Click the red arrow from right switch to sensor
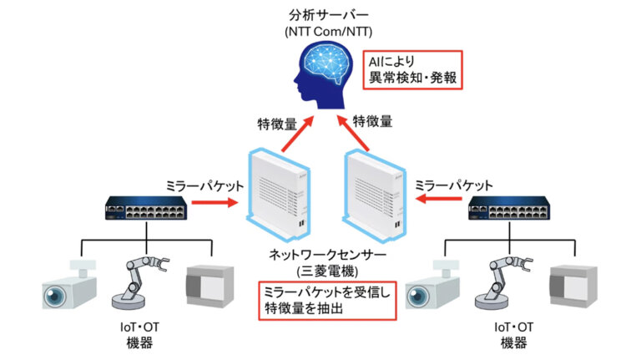pyautogui.click(x=439, y=201)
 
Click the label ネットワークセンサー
pyautogui.click(x=320, y=255)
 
